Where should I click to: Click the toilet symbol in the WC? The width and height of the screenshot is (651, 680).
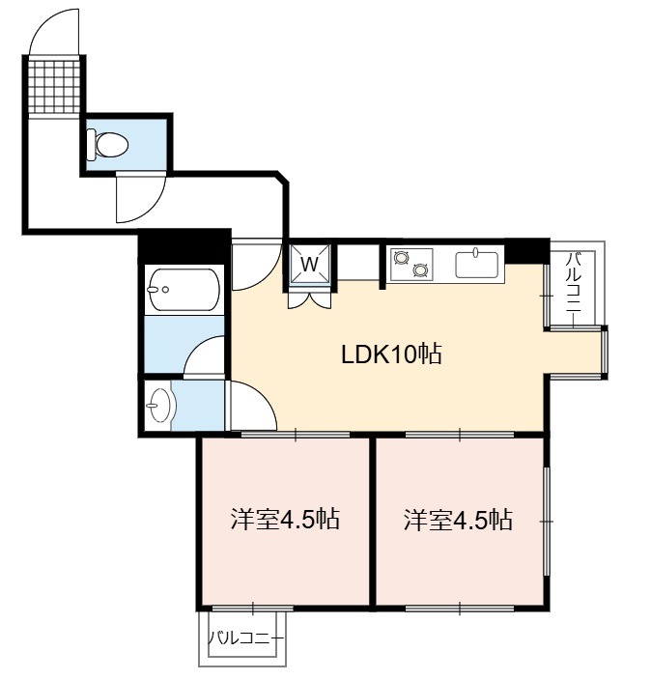coord(106,144)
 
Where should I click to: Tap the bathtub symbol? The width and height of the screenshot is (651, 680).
coord(184,289)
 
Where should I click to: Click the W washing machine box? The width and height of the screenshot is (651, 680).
coord(310,264)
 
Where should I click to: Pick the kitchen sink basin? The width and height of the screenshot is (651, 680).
coord(476,264)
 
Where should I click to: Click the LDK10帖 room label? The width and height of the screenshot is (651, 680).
coord(391,354)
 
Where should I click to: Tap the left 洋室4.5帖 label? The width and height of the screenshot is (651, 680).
coord(285,519)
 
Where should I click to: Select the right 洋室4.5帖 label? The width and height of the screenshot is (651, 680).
coord(458,519)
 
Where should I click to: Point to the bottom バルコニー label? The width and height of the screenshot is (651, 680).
coord(245,637)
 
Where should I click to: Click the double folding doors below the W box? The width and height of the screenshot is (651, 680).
coord(310,300)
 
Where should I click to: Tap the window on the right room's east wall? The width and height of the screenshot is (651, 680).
coord(547,522)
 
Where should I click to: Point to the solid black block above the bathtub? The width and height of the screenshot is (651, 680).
coord(184,245)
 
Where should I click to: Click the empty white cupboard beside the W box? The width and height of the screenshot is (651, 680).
coord(357,263)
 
